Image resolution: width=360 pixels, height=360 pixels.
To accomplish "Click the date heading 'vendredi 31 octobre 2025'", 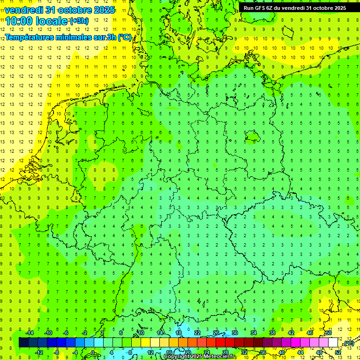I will pyautogui.click(x=60, y=10).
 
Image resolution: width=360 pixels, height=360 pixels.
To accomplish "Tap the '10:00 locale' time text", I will pyautogui.click(x=37, y=21).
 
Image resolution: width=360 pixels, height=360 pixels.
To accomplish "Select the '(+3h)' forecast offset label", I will pyautogui.click(x=78, y=21).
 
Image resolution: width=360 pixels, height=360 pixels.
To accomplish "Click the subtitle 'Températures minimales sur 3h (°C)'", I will pyautogui.click(x=68, y=37).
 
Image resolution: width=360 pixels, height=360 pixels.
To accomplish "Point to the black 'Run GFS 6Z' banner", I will pyautogui.click(x=295, y=7).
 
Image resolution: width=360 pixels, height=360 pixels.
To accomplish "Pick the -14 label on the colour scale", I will pyautogui.click(x=29, y=333).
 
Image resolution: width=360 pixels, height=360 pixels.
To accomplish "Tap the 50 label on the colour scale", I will pyautogui.click(x=329, y=333).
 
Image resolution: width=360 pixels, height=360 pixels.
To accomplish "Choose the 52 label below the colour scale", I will pyautogui.click(x=338, y=352).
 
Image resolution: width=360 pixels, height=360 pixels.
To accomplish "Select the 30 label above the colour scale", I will pyautogui.click(x=235, y=333).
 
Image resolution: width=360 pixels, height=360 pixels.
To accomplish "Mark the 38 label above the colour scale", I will pyautogui.click(x=272, y=333).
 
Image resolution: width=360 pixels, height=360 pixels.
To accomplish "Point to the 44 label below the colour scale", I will pyautogui.click(x=300, y=352).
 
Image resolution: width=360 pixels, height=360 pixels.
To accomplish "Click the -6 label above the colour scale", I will pyautogui.click(x=66, y=333).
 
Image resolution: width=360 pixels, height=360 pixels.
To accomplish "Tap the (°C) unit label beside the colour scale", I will pyautogui.click(x=349, y=343).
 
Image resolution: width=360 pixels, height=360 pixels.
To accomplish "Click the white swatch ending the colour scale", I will pyautogui.click(x=333, y=343).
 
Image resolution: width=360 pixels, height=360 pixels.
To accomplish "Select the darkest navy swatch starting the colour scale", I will pyautogui.click(x=23, y=343).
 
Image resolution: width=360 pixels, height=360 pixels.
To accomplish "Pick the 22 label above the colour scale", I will pyautogui.click(x=197, y=333).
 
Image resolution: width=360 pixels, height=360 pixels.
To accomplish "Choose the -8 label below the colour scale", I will pyautogui.click(x=57, y=352).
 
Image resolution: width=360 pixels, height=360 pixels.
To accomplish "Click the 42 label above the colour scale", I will pyautogui.click(x=291, y=333).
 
